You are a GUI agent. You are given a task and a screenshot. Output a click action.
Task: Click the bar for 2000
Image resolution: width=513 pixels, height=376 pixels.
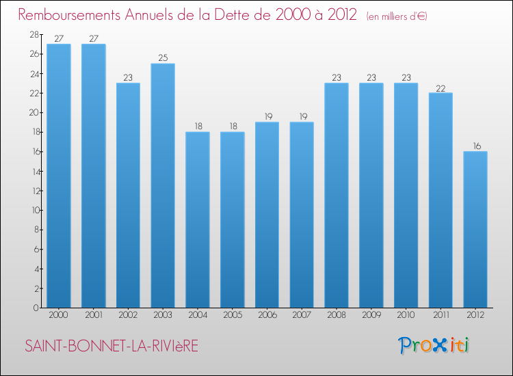click(x=58, y=176)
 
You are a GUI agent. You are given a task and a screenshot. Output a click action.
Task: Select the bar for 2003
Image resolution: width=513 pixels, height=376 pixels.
click(x=163, y=185)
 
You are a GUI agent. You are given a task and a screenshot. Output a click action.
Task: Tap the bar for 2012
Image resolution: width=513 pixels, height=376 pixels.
click(x=475, y=229)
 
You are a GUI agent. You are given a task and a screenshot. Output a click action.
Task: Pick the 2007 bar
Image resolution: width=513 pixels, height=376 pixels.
click(x=302, y=215)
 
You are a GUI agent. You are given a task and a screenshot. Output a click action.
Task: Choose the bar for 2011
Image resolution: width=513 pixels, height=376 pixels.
click(x=440, y=200)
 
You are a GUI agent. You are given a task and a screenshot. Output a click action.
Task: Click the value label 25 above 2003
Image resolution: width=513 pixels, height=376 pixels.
click(x=163, y=58)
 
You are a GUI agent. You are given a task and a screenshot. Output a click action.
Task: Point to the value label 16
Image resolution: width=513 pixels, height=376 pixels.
click(x=475, y=146)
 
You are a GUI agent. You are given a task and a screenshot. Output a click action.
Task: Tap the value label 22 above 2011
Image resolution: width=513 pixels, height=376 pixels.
click(x=440, y=88)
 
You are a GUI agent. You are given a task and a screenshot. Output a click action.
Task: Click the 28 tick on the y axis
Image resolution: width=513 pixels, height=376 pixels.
click(x=33, y=34)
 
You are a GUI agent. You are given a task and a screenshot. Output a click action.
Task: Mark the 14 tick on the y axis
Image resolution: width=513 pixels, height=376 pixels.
click(x=33, y=171)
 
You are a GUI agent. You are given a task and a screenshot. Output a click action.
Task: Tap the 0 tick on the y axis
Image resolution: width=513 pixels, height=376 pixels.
click(x=35, y=308)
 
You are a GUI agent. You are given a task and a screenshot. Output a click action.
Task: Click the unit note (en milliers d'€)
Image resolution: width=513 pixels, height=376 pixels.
click(x=397, y=16)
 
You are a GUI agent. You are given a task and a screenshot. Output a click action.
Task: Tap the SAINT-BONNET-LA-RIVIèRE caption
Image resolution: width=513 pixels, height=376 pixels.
click(x=111, y=347)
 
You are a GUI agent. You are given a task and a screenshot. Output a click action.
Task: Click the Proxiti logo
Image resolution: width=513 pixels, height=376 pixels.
click(x=434, y=345)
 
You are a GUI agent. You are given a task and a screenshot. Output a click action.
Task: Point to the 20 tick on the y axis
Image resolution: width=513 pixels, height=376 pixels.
click(x=33, y=112)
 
